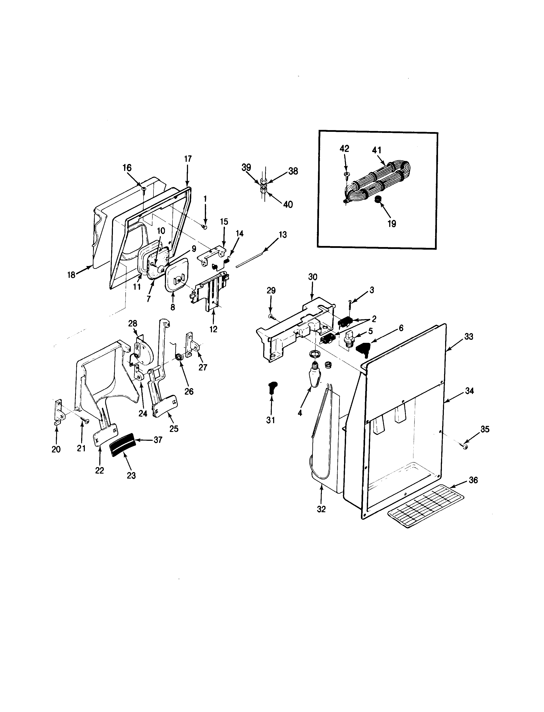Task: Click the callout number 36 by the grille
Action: click(x=473, y=480)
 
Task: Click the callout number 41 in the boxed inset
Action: click(x=376, y=150)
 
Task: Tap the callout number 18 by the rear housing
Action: click(x=71, y=275)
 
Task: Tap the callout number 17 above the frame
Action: click(x=188, y=159)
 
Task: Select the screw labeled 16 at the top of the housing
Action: click(x=144, y=189)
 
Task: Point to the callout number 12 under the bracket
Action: click(x=213, y=329)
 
